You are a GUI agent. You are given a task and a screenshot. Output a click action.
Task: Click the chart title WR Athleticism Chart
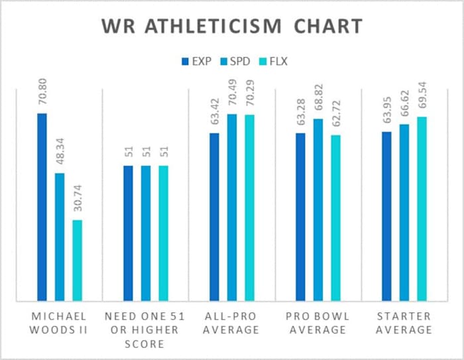click(232, 27)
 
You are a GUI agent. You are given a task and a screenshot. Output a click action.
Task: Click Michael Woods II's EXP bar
click(42, 206)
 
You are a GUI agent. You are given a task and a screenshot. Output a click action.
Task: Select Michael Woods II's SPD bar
click(60, 236)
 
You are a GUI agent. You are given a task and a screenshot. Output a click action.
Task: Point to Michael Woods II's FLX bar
click(77, 259)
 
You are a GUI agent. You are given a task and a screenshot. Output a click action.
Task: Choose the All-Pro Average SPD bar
click(232, 206)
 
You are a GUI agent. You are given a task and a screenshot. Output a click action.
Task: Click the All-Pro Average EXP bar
click(214, 216)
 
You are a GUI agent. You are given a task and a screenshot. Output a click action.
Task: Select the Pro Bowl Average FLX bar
click(336, 217)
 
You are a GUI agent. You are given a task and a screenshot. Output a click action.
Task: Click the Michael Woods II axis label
click(59, 322)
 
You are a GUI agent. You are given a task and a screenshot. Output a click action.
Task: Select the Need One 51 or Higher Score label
click(145, 329)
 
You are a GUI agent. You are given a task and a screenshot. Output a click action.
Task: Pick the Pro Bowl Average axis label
click(318, 322)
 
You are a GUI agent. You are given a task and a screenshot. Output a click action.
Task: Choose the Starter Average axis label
click(404, 322)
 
